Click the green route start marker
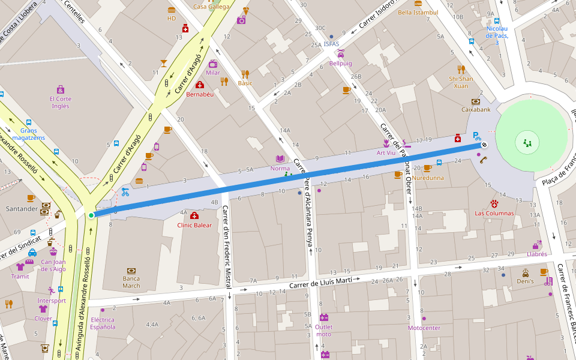pyautogui.click(x=91, y=215)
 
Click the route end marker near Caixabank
pyautogui.click(x=484, y=145)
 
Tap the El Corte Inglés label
pyautogui.click(x=60, y=103)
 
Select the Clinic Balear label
pyautogui.click(x=194, y=225)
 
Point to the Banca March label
pyautogui.click(x=131, y=282)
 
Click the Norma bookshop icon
pyautogui.click(x=280, y=158)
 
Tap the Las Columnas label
pyautogui.click(x=494, y=213)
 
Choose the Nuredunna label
pyautogui.click(x=427, y=178)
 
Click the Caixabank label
pyautogui.click(x=476, y=110)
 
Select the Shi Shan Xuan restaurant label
pyautogui.click(x=461, y=82)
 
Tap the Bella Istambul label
pyautogui.click(x=418, y=12)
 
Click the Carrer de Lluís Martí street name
pyautogui.click(x=321, y=283)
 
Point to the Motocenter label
pyautogui.click(x=424, y=328)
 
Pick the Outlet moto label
pyautogui.click(x=323, y=330)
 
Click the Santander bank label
pyautogui.click(x=22, y=209)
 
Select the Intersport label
pyautogui.click(x=52, y=301)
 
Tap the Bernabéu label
pyautogui.click(x=200, y=94)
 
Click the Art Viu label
pyautogui.click(x=386, y=152)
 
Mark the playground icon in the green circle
pyautogui.click(x=528, y=143)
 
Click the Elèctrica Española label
pyautogui.click(x=103, y=323)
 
